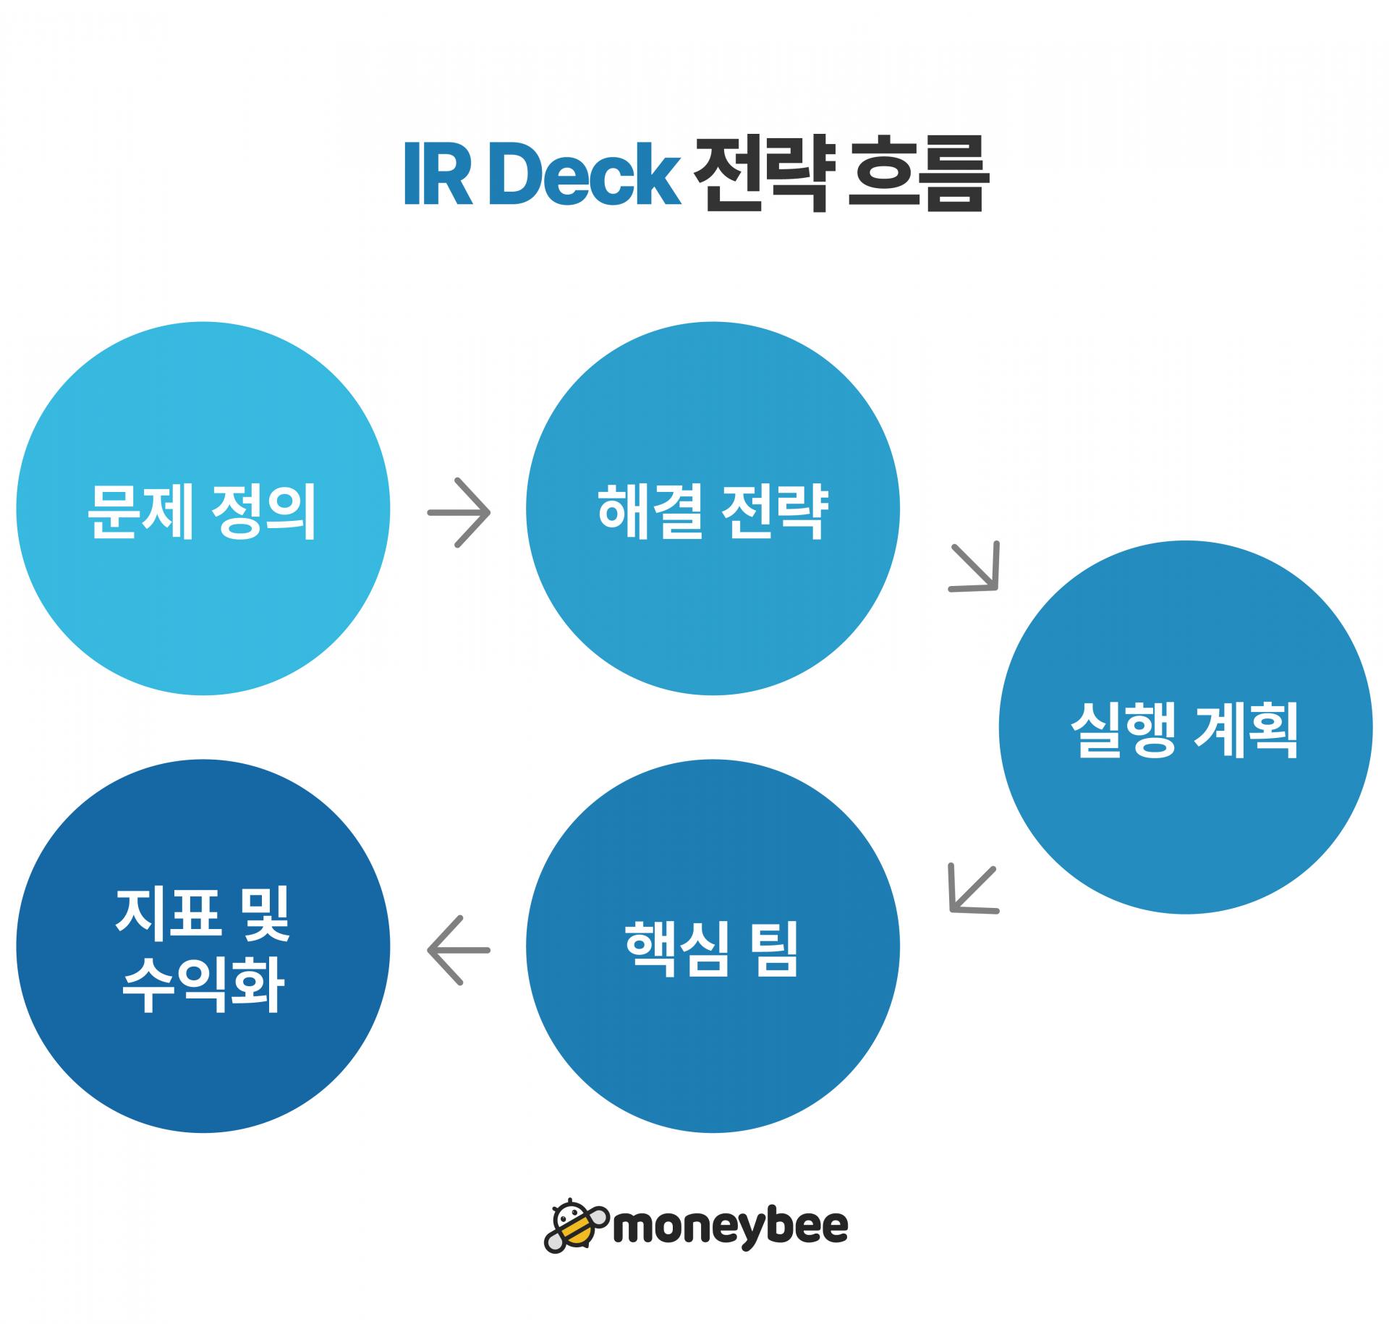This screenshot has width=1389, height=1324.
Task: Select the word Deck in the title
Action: pos(585,174)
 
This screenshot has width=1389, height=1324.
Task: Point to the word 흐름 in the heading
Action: pos(915,174)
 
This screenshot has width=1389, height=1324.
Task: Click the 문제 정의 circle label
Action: pos(203,512)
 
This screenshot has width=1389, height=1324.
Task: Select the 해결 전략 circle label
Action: pos(713,512)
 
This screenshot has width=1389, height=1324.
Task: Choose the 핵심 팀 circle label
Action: pos(713,949)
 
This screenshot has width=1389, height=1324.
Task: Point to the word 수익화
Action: pos(203,985)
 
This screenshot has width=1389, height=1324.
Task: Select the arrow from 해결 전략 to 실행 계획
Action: pos(974,566)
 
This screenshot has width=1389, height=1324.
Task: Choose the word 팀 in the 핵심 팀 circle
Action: pos(776,949)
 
